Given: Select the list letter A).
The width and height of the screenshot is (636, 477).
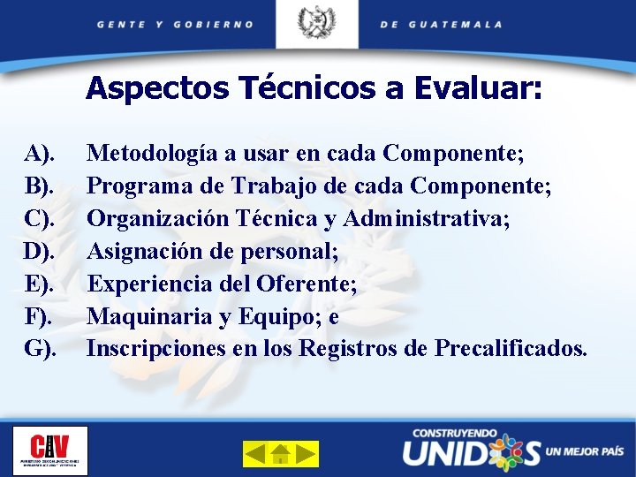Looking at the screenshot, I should [40, 154].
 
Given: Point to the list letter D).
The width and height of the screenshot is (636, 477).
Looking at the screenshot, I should [40, 252].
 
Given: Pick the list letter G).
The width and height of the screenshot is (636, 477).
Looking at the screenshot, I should [40, 349].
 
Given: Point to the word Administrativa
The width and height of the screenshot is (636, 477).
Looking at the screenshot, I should [428, 219].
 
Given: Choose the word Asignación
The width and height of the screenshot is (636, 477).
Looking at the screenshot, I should [140, 252].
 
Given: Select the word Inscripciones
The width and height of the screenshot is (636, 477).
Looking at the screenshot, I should [156, 349].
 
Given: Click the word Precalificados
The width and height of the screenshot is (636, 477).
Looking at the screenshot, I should [510, 349].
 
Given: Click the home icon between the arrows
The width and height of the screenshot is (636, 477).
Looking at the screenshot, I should [281, 454].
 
